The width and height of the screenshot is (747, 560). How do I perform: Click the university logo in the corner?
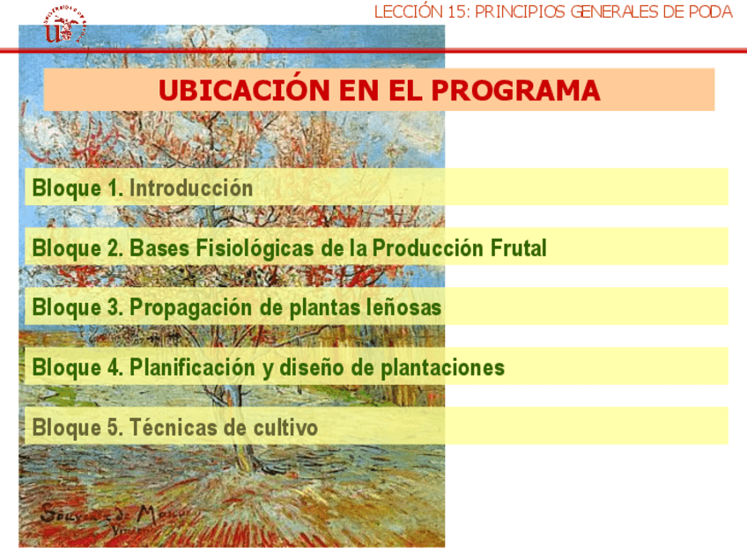coord(65,26)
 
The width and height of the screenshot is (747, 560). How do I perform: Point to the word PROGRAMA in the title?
coord(515,91)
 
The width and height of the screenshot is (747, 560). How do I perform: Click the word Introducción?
coord(191,188)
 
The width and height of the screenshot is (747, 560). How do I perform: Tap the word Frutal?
coord(518,247)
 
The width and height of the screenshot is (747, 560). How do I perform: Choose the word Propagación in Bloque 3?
coord(191,308)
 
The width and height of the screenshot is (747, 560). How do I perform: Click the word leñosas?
coord(404,307)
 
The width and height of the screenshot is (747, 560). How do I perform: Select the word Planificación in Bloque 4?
coord(192,368)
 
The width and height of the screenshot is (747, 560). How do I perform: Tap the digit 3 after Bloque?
coord(115,307)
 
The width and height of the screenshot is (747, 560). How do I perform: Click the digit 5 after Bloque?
coord(115,427)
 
